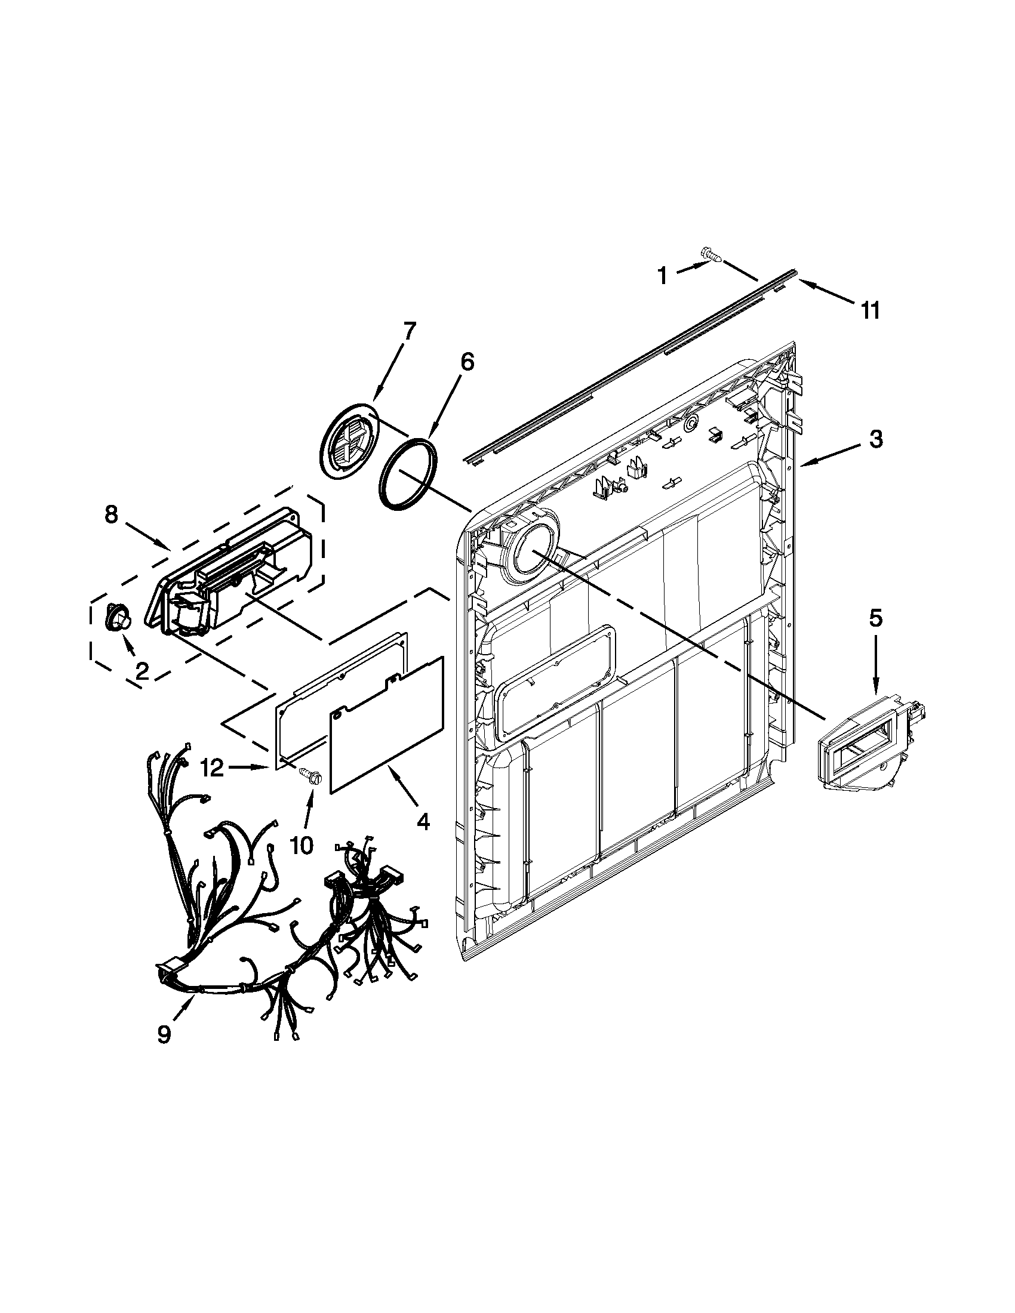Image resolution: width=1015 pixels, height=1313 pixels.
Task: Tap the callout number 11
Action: pyautogui.click(x=869, y=311)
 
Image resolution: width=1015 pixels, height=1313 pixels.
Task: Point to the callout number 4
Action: pyautogui.click(x=423, y=821)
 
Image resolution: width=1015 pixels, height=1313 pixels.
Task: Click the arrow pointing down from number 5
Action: pyautogui.click(x=875, y=667)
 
